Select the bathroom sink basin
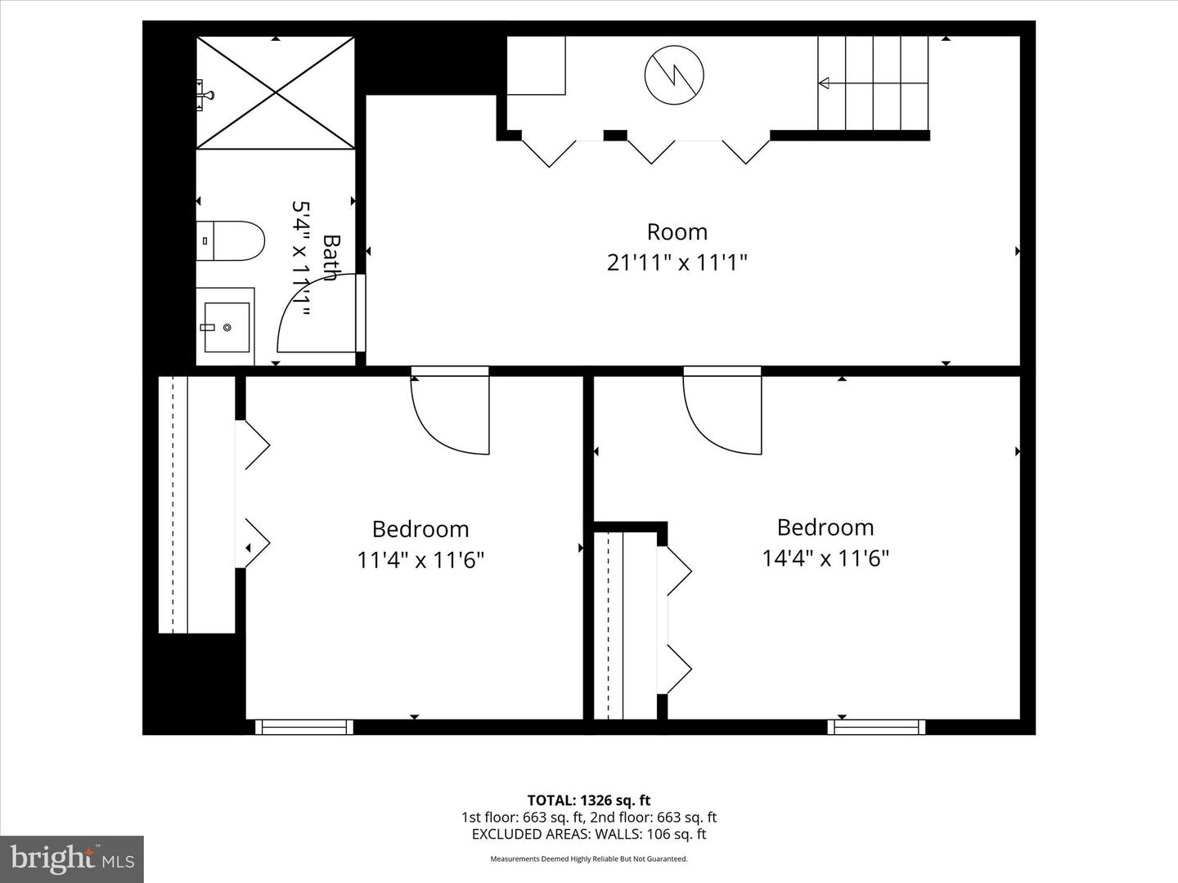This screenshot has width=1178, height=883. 226,327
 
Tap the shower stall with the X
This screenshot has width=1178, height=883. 276,93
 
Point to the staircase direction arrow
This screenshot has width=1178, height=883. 824,83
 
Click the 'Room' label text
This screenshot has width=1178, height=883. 677,232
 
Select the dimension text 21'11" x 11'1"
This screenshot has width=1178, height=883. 677,263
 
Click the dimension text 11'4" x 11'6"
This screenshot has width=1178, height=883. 420,561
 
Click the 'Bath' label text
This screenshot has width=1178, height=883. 330,258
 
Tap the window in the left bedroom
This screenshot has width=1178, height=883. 303,727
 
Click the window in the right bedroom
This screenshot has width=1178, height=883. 876,727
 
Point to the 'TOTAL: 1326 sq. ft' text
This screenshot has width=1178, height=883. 588,800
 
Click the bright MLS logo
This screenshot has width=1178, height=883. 72,858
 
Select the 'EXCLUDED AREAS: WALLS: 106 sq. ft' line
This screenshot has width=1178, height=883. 588,835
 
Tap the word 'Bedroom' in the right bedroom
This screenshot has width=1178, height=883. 825,527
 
